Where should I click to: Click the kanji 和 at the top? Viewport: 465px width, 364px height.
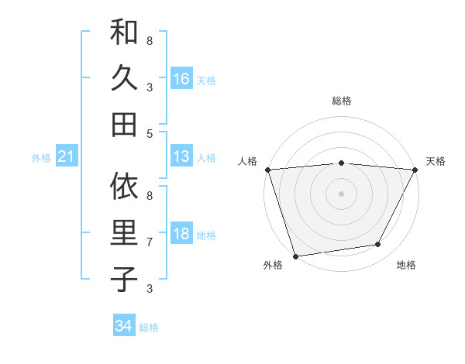[x=124, y=33]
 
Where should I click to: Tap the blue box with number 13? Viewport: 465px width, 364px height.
[x=181, y=156]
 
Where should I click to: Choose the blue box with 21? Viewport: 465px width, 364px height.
[x=67, y=157]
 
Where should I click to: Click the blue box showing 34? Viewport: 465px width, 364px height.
[x=124, y=326]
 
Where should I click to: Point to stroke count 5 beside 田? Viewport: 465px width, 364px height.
[x=149, y=133]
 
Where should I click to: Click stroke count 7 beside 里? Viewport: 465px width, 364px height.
[x=149, y=242]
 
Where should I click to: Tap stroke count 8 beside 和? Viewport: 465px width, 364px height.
[x=149, y=40]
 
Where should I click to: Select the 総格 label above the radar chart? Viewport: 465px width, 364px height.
[x=341, y=101]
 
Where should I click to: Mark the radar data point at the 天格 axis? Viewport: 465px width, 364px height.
[x=415, y=170]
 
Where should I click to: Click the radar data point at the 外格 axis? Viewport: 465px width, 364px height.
[x=295, y=256]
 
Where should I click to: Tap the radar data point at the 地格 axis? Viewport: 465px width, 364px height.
[x=378, y=245]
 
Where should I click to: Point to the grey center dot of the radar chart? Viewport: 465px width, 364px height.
[x=341, y=193]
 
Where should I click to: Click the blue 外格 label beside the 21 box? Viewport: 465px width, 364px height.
[x=41, y=158]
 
